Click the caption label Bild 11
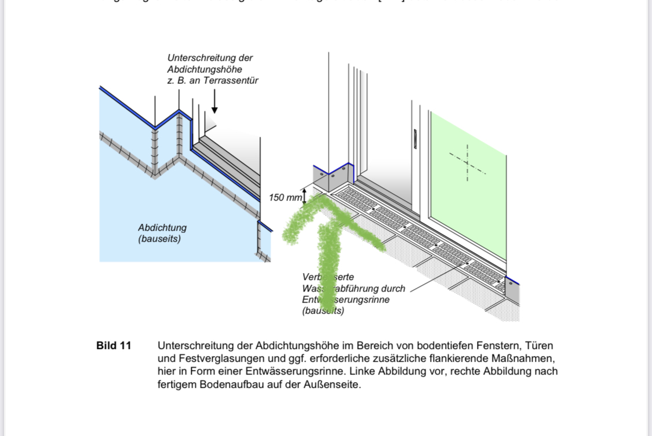click(x=114, y=346)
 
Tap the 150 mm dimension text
click(x=285, y=198)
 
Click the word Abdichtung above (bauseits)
click(x=162, y=228)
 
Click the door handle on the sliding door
click(x=415, y=140)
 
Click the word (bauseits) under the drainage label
click(x=323, y=311)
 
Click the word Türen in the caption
click(x=538, y=346)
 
